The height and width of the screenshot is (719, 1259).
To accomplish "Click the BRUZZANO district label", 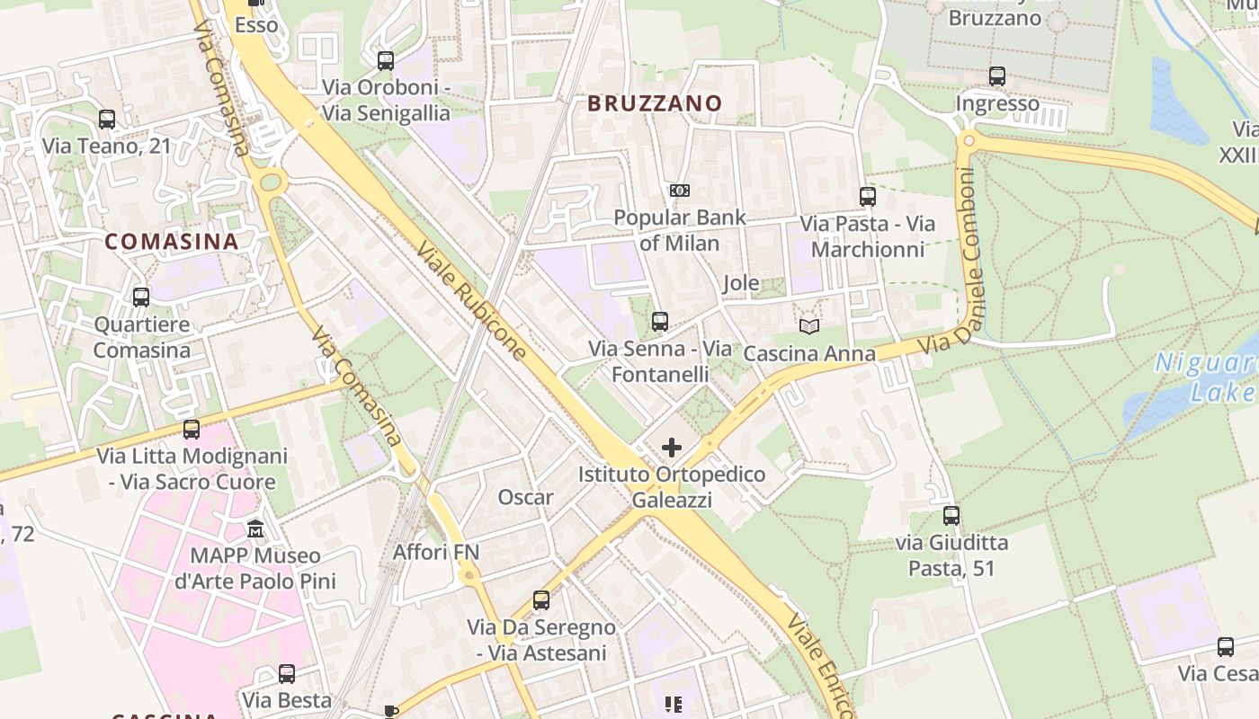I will coord(655,103).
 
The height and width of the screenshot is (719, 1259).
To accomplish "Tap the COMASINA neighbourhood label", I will coord(172,242).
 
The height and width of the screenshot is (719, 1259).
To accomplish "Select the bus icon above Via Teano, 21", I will coord(107,119).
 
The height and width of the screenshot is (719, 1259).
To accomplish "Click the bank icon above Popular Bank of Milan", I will coord(680,191).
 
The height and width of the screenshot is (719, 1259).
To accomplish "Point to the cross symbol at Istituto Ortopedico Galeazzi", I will coord(672,448).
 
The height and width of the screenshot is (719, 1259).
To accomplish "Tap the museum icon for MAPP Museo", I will coord(255,528).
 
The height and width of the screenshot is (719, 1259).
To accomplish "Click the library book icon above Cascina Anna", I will coord(809,327).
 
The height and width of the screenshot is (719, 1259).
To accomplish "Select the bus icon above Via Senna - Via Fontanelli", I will coord(660,321).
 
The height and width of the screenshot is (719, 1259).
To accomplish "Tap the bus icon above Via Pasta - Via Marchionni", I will coord(868,197).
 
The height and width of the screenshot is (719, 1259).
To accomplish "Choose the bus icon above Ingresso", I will coord(997,76).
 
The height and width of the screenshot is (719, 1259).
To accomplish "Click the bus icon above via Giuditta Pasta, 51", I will coord(951,516).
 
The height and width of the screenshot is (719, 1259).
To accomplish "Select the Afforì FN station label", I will coord(436,552).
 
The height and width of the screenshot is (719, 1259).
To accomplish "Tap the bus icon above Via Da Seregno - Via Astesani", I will coord(541,599).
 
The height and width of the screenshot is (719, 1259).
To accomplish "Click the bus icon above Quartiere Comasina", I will coord(141,297).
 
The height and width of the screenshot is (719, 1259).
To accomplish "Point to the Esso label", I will coord(256,25).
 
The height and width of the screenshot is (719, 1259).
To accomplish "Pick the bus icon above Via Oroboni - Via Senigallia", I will coord(386,61).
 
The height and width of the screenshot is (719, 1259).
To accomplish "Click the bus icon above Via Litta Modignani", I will coord(192,430).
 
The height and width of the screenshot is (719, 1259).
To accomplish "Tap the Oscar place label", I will coord(526,497).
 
